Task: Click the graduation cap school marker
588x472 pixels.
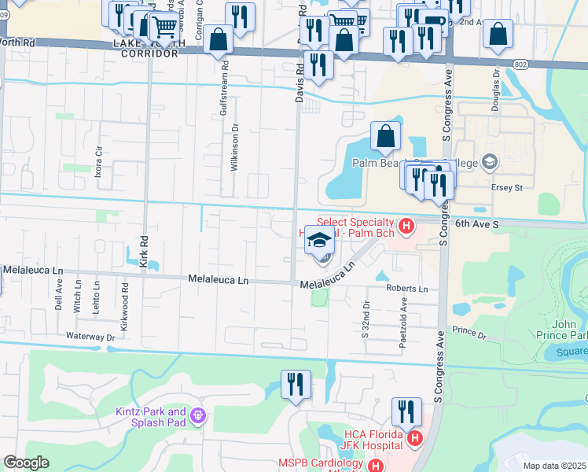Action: click(x=319, y=241)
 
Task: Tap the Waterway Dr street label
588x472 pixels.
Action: click(x=90, y=337)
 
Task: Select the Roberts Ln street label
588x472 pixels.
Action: click(x=406, y=289)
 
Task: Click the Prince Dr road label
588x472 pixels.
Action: click(x=469, y=334)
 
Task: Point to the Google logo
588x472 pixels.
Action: click(x=27, y=463)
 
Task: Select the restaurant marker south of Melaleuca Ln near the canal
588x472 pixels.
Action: click(x=295, y=385)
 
